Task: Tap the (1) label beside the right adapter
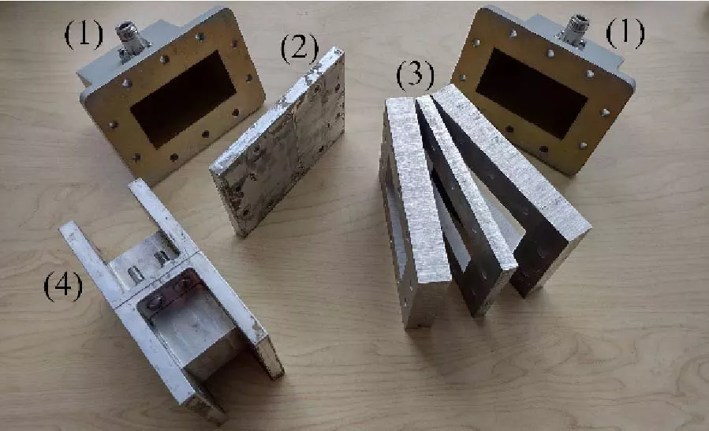click(x=625, y=33)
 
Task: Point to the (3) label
click(x=415, y=76)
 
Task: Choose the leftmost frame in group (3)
click(x=410, y=213)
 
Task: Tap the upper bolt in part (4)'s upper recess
click(x=162, y=257)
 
